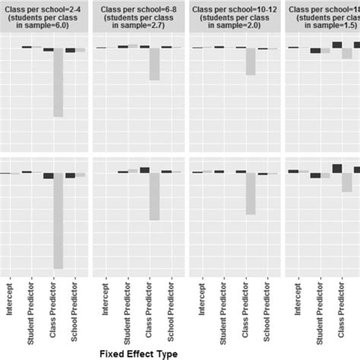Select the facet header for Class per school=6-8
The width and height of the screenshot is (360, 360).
pyautogui.click(x=138, y=16)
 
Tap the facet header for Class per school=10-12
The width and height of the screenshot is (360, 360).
pyautogui.click(x=234, y=16)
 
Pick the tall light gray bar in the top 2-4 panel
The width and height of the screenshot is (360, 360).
pyautogui.click(x=58, y=84)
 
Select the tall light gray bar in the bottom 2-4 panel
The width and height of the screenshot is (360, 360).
pyautogui.click(x=58, y=221)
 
